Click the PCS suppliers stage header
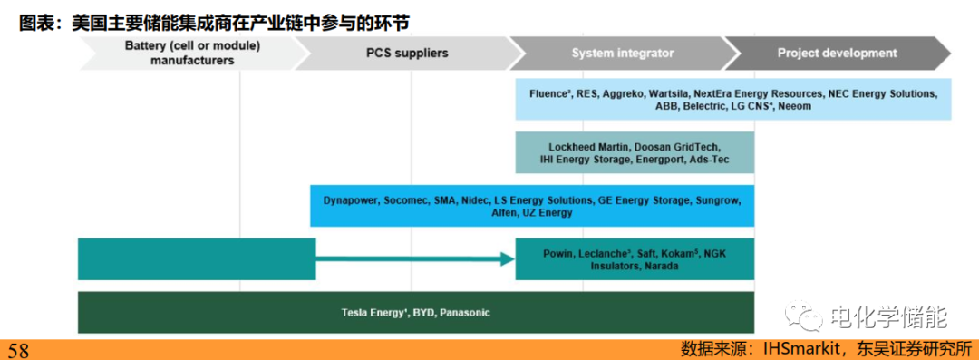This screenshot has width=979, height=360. point(406,54)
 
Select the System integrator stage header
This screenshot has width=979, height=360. point(623,54)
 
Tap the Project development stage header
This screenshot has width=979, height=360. point(838,54)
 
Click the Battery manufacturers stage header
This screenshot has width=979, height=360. point(191,54)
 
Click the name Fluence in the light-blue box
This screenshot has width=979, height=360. point(547,93)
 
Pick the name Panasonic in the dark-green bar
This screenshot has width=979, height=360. point(464,313)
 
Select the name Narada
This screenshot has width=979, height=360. point(662,267)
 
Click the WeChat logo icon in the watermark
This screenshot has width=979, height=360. point(805,316)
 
